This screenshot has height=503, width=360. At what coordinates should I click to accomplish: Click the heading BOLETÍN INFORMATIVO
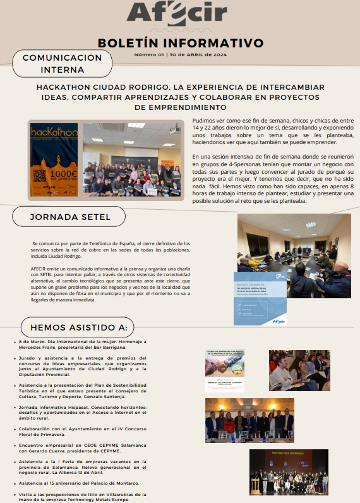[x=180, y=43]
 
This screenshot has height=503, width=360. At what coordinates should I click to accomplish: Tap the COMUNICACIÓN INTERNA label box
[x=62, y=63]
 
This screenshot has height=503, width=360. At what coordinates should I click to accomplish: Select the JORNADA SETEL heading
[x=69, y=217]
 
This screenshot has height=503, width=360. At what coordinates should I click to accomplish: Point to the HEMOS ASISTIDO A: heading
[x=78, y=327]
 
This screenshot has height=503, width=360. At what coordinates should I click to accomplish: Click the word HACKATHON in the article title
[x=66, y=87]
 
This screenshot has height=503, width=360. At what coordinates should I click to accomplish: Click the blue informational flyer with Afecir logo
[x=260, y=299]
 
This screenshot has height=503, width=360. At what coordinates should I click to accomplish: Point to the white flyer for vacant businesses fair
[x=224, y=371]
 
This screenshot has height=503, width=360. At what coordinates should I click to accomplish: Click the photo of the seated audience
[x=299, y=371]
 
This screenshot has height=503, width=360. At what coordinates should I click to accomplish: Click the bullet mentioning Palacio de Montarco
[x=79, y=483]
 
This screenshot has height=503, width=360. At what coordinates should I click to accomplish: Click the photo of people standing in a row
[x=249, y=420]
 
